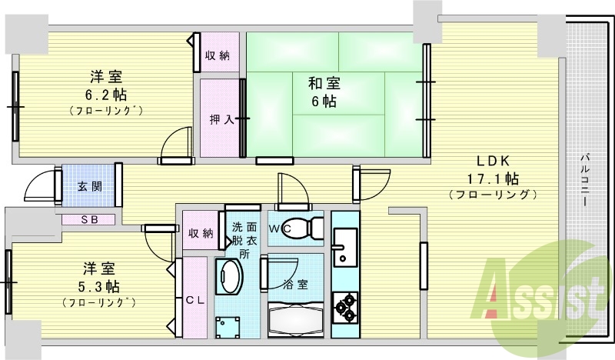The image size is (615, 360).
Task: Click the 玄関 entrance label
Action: (x=88, y=186)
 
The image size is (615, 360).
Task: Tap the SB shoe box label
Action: (x=89, y=219)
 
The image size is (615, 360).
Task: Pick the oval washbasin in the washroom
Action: (x=228, y=278)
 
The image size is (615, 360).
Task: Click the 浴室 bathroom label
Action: (x=298, y=283)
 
